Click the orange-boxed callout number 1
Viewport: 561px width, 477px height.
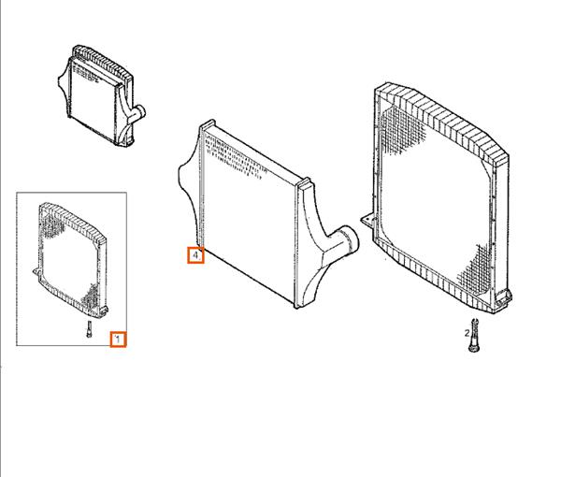(118, 340)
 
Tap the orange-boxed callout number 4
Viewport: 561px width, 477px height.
(195, 255)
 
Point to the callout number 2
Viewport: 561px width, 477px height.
(467, 333)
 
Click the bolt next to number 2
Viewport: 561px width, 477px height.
(474, 335)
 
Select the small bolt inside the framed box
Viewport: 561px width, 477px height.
(89, 329)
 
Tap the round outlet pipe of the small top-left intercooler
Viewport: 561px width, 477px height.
(138, 113)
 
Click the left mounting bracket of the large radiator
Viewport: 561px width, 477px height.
(367, 221)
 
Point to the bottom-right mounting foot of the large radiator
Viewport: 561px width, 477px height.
(504, 297)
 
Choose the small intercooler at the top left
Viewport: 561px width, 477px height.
(102, 95)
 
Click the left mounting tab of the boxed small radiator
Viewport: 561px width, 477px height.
(36, 272)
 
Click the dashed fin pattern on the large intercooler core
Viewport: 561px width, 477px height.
(233, 157)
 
